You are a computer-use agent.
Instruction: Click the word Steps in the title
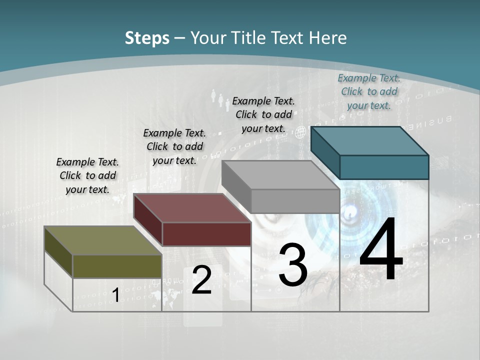click(147, 38)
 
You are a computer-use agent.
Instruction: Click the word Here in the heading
click(328, 38)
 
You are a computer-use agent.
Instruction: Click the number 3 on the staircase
click(293, 265)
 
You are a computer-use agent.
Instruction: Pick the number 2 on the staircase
click(201, 280)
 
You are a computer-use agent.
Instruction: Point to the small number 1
click(115, 295)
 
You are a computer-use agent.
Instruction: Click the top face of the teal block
click(370, 140)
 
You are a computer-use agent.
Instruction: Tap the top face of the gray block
click(280, 175)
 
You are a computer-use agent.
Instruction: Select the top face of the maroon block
click(192, 208)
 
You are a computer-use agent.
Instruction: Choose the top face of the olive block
click(103, 240)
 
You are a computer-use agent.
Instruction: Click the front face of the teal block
click(384, 167)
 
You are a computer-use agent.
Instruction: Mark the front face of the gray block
click(295, 201)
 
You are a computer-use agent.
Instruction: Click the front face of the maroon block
click(206, 234)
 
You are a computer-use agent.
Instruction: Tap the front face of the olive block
click(117, 266)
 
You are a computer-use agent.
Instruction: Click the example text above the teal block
click(369, 91)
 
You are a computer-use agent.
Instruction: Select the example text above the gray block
click(263, 114)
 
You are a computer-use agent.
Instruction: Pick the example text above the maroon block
click(174, 146)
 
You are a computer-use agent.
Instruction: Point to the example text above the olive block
click(87, 175)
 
